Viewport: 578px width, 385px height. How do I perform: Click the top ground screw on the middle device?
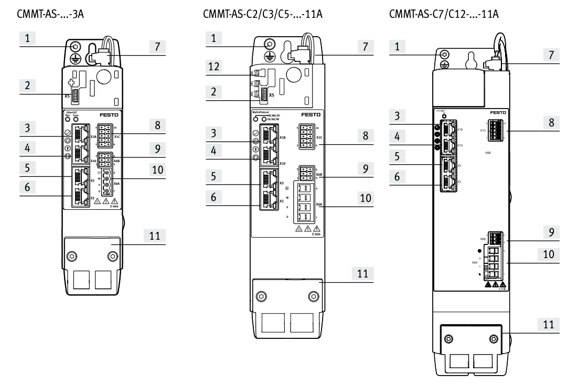[x=270, y=45]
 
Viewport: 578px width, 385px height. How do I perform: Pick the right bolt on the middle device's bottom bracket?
[x=313, y=296]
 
